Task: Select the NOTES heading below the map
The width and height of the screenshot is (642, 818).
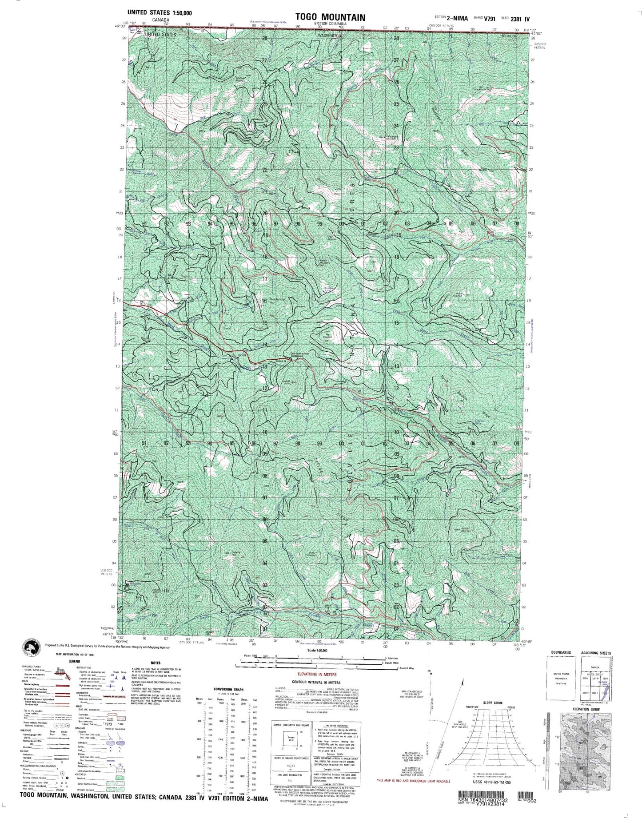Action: (x=156, y=663)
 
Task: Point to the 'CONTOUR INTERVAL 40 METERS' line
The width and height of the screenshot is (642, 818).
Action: (x=316, y=682)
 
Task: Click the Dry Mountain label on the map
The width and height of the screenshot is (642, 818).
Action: (x=328, y=336)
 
